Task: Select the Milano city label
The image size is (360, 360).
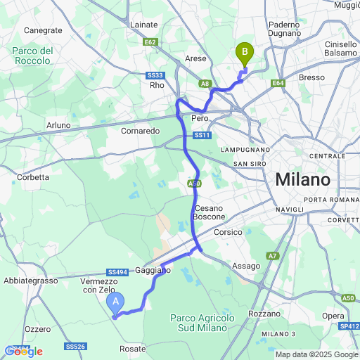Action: [302, 179]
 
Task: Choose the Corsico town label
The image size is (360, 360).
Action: [228, 232]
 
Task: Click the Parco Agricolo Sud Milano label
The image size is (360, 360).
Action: [202, 323]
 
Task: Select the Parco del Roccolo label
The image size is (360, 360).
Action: [33, 56]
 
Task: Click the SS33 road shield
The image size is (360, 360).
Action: [155, 75]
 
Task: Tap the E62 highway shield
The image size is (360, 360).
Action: [150, 41]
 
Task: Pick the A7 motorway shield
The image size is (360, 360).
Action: [272, 255]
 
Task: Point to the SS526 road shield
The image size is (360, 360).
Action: [75, 347]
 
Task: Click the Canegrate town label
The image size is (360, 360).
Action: [43, 30]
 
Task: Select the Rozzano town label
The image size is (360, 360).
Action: [264, 314]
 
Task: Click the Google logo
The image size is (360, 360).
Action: [22, 351]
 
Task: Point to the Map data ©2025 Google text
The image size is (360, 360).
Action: [316, 354]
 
